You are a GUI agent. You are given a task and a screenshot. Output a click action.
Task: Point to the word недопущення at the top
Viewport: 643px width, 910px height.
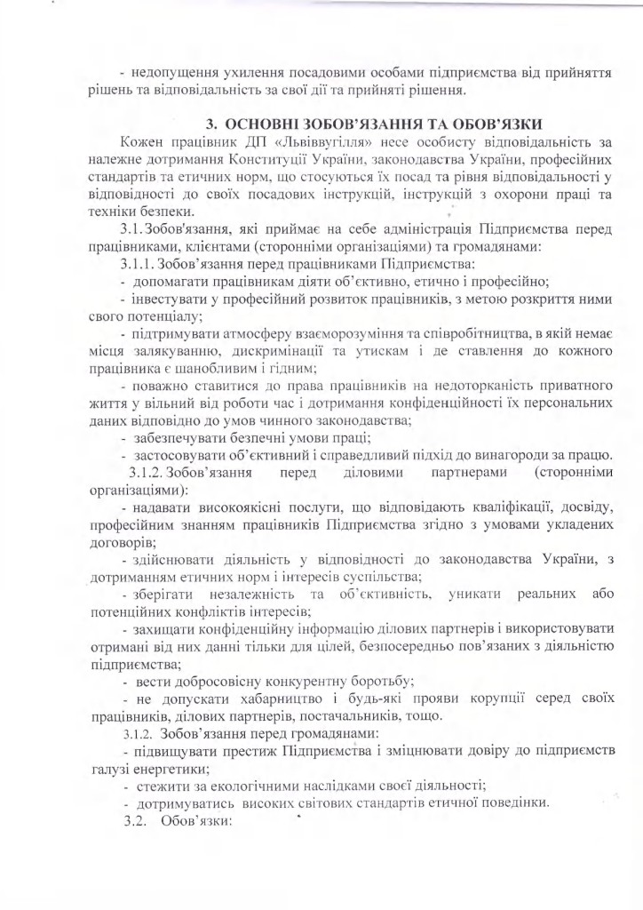pyautogui.click(x=172, y=70)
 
